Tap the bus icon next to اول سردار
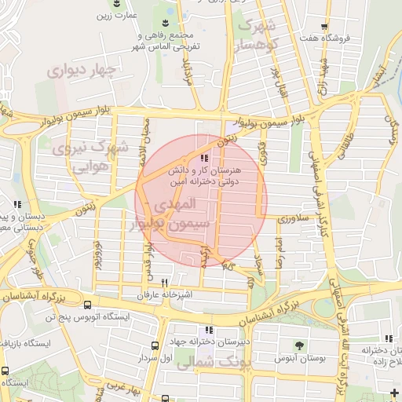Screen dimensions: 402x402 [155, 345]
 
